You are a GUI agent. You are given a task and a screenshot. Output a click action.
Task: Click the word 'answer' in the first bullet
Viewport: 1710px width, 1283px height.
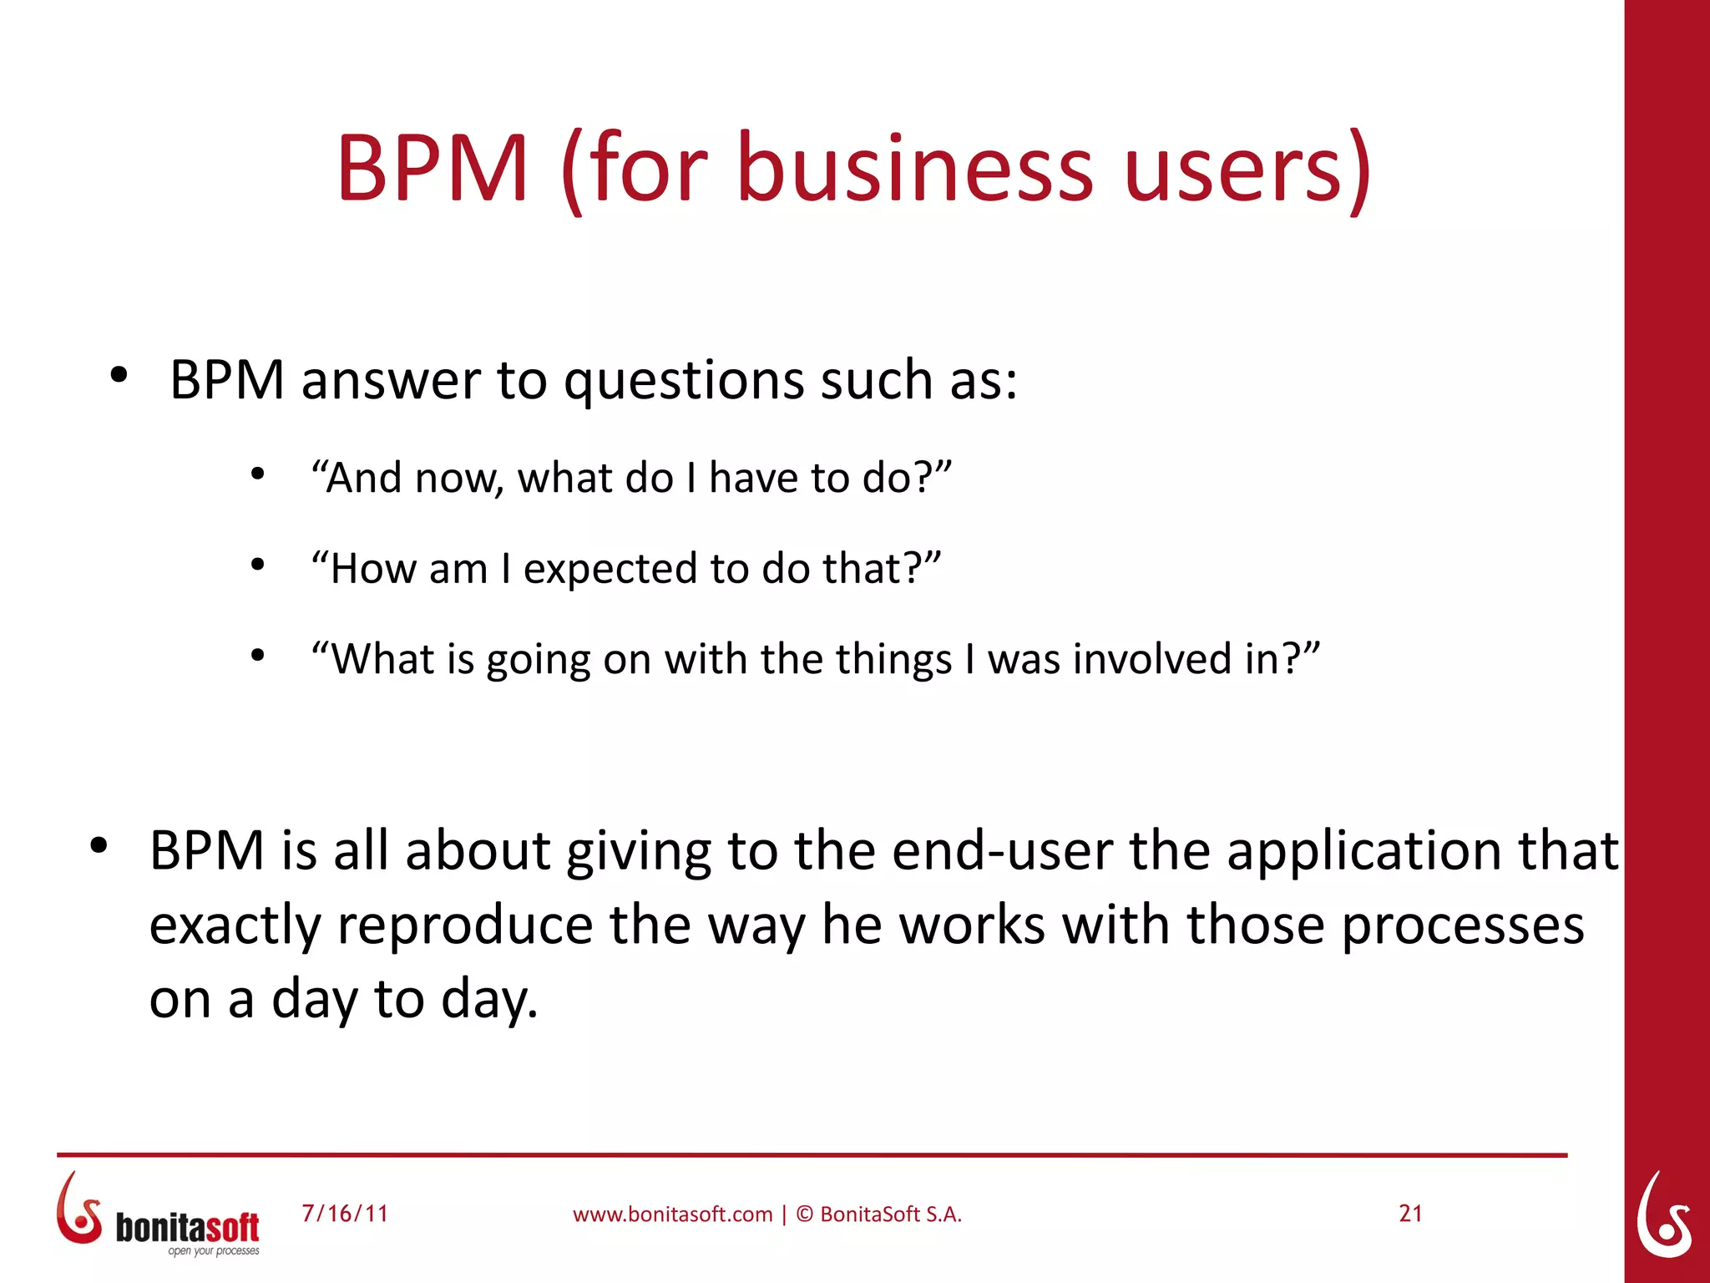click(x=390, y=380)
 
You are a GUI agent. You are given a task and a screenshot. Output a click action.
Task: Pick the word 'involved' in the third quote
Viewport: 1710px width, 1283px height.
click(x=1152, y=659)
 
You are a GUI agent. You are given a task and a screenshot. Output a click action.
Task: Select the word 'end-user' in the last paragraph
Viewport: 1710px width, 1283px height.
click(x=1002, y=852)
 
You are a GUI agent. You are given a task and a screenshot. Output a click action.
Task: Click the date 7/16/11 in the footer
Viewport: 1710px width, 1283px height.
click(x=345, y=1213)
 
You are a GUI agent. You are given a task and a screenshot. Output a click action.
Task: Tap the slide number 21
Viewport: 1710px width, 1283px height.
click(x=1410, y=1213)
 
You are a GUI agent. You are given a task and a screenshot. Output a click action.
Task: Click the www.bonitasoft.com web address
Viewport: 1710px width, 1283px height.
click(x=672, y=1215)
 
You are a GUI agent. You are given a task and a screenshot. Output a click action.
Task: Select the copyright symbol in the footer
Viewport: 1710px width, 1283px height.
click(x=804, y=1215)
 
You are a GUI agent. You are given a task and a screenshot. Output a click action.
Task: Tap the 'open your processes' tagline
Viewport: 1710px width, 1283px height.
click(x=214, y=1250)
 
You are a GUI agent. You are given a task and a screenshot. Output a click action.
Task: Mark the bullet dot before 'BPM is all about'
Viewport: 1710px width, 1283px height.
click(x=99, y=845)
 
